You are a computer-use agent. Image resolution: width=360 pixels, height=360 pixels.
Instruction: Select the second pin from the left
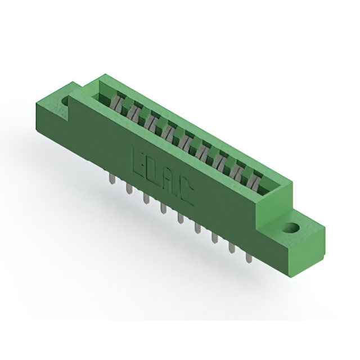pos(129,189)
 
